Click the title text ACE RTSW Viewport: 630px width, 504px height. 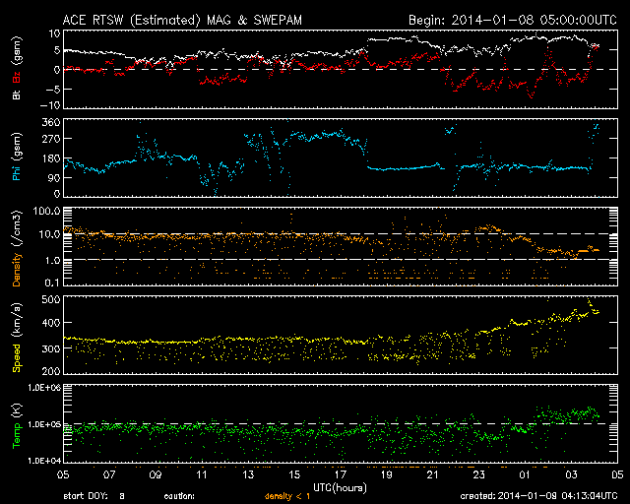coord(95,19)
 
